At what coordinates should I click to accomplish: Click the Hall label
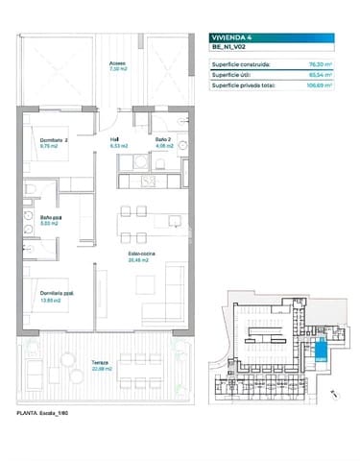(113, 140)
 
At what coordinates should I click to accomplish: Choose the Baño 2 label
(163, 140)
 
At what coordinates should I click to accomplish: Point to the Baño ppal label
(36, 217)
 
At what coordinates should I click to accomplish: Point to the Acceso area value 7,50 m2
(118, 70)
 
